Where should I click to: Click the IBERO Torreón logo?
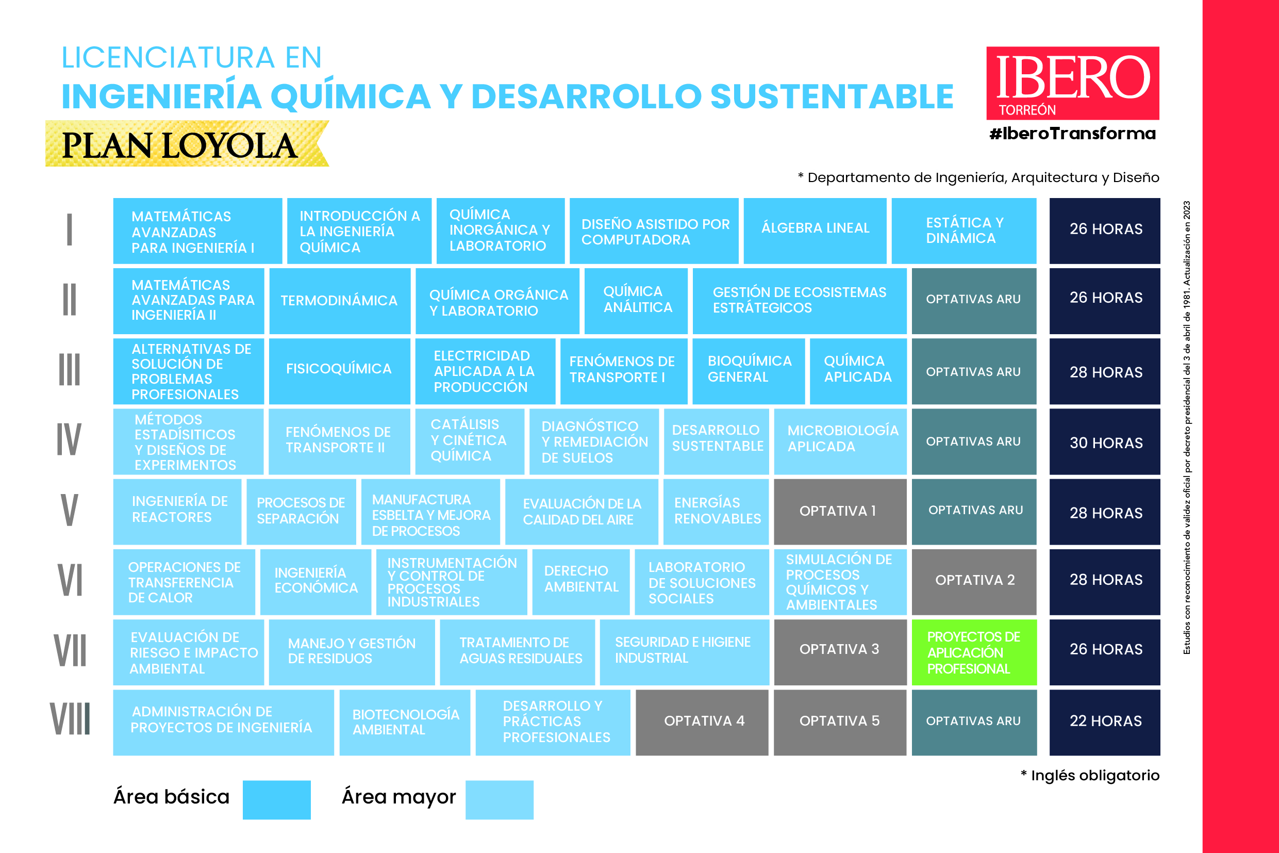point(1072,83)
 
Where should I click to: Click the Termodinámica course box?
point(339,301)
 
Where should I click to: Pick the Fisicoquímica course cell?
point(339,371)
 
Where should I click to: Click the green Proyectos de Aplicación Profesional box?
point(973,652)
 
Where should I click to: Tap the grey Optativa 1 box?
point(840,512)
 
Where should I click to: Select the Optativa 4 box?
point(702,723)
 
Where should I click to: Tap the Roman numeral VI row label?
point(70,580)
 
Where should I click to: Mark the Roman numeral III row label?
point(70,370)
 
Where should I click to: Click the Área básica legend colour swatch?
point(276,800)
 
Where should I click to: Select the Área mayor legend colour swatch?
point(499,800)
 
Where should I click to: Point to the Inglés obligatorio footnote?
point(1090,775)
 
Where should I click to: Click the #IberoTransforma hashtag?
point(1072,134)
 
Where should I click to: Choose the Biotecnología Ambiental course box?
point(405,723)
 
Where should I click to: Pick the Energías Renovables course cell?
point(716,512)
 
